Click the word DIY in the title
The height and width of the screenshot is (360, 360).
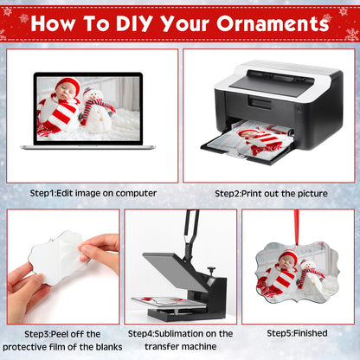(x=134, y=23)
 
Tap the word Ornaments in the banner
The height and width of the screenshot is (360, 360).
(x=273, y=23)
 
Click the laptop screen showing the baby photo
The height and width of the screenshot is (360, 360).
(x=88, y=108)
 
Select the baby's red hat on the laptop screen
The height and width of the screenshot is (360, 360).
(x=68, y=85)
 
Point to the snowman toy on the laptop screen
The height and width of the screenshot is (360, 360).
(x=96, y=111)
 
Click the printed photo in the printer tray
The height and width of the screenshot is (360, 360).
(x=253, y=140)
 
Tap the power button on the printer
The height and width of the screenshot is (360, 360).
(x=300, y=109)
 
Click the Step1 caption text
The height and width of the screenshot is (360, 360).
(x=93, y=193)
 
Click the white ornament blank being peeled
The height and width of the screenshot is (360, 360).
(x=58, y=258)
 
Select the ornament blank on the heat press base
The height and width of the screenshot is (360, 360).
(x=170, y=301)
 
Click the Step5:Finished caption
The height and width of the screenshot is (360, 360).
(x=297, y=333)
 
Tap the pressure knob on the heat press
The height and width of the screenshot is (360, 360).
(x=212, y=269)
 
